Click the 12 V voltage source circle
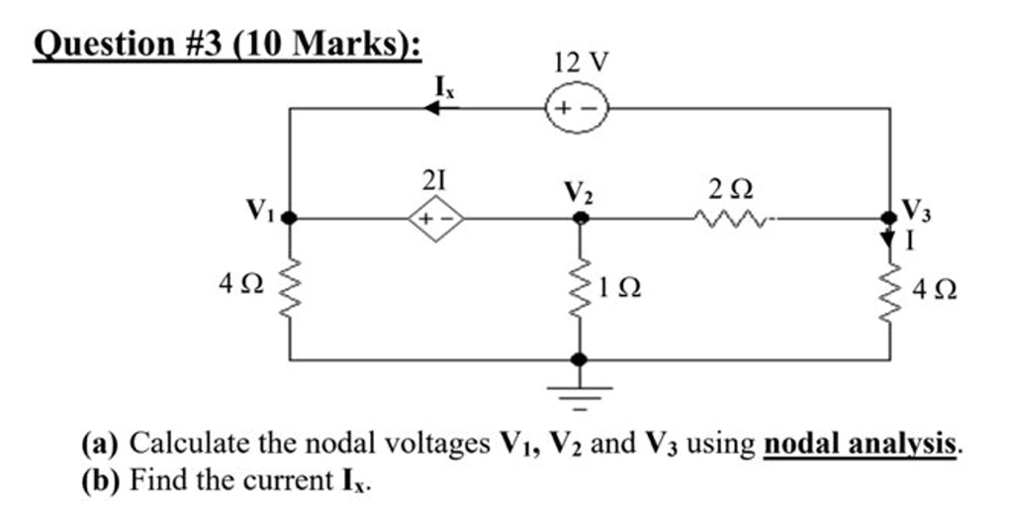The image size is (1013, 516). pyautogui.click(x=575, y=109)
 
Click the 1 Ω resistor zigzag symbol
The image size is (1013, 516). pyautogui.click(x=581, y=287)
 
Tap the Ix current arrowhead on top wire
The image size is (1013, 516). pyautogui.click(x=432, y=109)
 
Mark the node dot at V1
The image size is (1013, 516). pyautogui.click(x=290, y=217)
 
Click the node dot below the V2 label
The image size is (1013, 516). pyautogui.click(x=581, y=217)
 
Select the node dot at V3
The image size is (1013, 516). pyautogui.click(x=890, y=217)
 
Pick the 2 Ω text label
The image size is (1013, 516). pyautogui.click(x=728, y=184)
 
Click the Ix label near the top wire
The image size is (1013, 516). pyautogui.click(x=445, y=85)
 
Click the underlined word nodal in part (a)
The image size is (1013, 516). pyautogui.click(x=803, y=443)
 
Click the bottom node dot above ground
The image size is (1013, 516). pyautogui.click(x=581, y=360)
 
